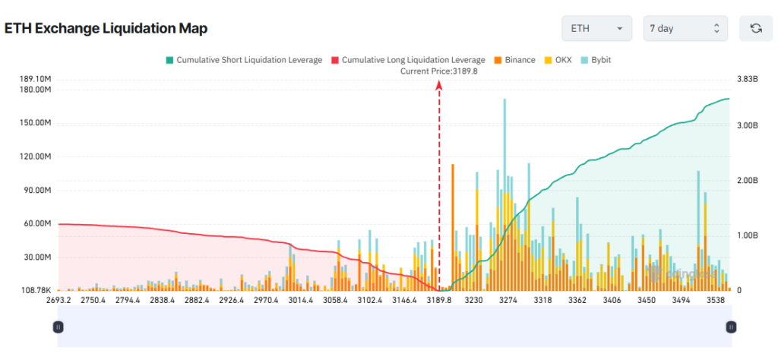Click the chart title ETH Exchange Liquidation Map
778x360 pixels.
(106, 28)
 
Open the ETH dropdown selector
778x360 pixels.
(596, 28)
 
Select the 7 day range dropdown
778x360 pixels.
(685, 28)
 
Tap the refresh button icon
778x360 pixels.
(756, 28)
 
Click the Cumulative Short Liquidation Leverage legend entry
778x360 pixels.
(243, 59)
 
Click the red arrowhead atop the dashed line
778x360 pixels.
(439, 85)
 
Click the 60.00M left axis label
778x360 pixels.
(36, 224)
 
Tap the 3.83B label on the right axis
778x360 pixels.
(741, 78)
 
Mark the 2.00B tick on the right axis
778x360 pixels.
(741, 181)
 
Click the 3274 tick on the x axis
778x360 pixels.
(508, 301)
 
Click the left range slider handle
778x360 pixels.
(59, 327)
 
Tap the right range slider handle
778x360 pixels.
(731, 327)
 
